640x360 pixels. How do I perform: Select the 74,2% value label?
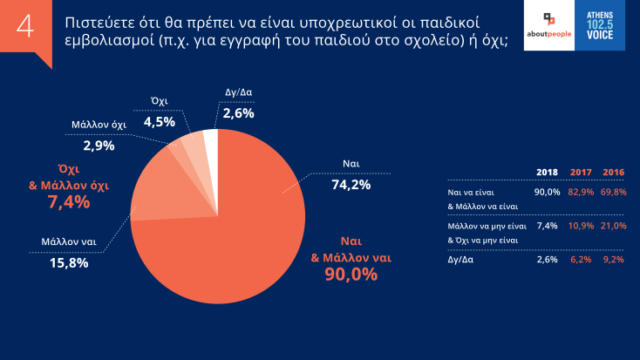pyautogui.click(x=351, y=184)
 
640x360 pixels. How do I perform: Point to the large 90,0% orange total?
pyautogui.click(x=351, y=275)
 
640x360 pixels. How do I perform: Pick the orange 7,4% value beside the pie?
pyautogui.click(x=69, y=202)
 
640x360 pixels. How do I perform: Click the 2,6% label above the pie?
pyautogui.click(x=238, y=113)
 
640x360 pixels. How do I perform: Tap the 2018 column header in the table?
pyautogui.click(x=547, y=172)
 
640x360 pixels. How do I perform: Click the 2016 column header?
pyautogui.click(x=615, y=172)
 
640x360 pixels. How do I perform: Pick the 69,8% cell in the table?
pyautogui.click(x=615, y=191)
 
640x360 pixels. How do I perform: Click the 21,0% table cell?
pyautogui.click(x=615, y=226)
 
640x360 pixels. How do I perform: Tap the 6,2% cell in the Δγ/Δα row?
pyautogui.click(x=582, y=260)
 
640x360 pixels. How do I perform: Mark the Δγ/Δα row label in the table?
pyautogui.click(x=461, y=260)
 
